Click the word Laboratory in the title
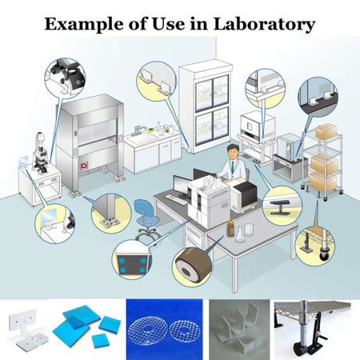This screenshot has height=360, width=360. tap(264, 25)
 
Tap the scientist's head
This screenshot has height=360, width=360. tap(233, 151)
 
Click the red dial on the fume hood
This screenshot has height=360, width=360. tap(84, 166)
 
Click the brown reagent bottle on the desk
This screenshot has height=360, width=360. tap(230, 229)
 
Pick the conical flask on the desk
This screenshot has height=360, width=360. tap(240, 234)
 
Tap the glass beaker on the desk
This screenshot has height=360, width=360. tap(249, 230)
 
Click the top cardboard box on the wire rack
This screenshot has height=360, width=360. tap(326, 132)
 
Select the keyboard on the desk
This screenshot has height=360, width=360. tap(176, 200)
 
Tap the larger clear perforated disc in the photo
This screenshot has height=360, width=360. tap(147, 330)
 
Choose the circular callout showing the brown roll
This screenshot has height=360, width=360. tap(192, 267)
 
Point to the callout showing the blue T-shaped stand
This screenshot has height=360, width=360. tap(282, 206)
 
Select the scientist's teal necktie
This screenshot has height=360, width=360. tap(233, 166)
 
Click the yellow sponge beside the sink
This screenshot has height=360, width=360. tap(151, 130)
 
